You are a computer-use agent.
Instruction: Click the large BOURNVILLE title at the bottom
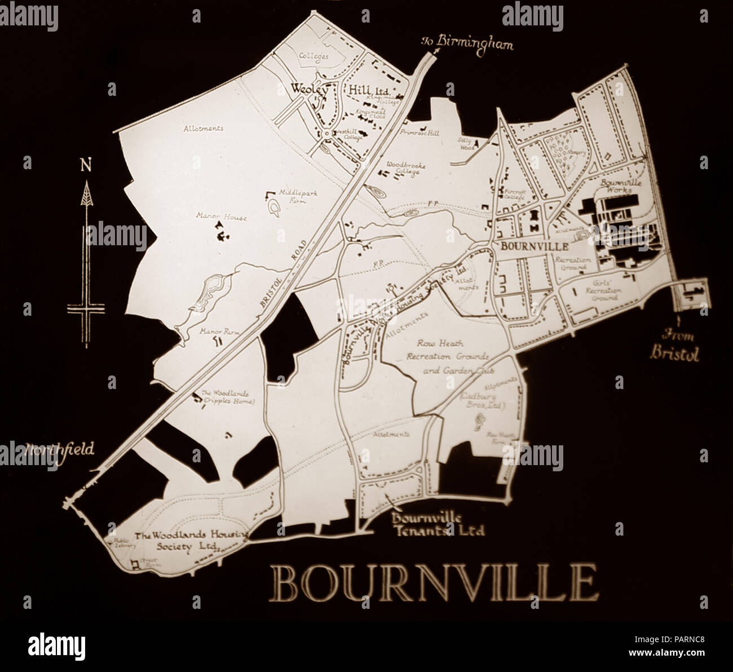pos(433,582)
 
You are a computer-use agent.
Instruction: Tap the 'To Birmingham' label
pos(467,44)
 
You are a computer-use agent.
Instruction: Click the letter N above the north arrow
pos(86,165)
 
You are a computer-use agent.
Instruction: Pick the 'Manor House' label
pos(214,215)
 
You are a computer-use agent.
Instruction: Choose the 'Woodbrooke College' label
pos(405,169)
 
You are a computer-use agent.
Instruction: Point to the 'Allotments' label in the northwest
pos(203,129)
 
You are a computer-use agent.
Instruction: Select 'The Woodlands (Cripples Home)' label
pos(228,397)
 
